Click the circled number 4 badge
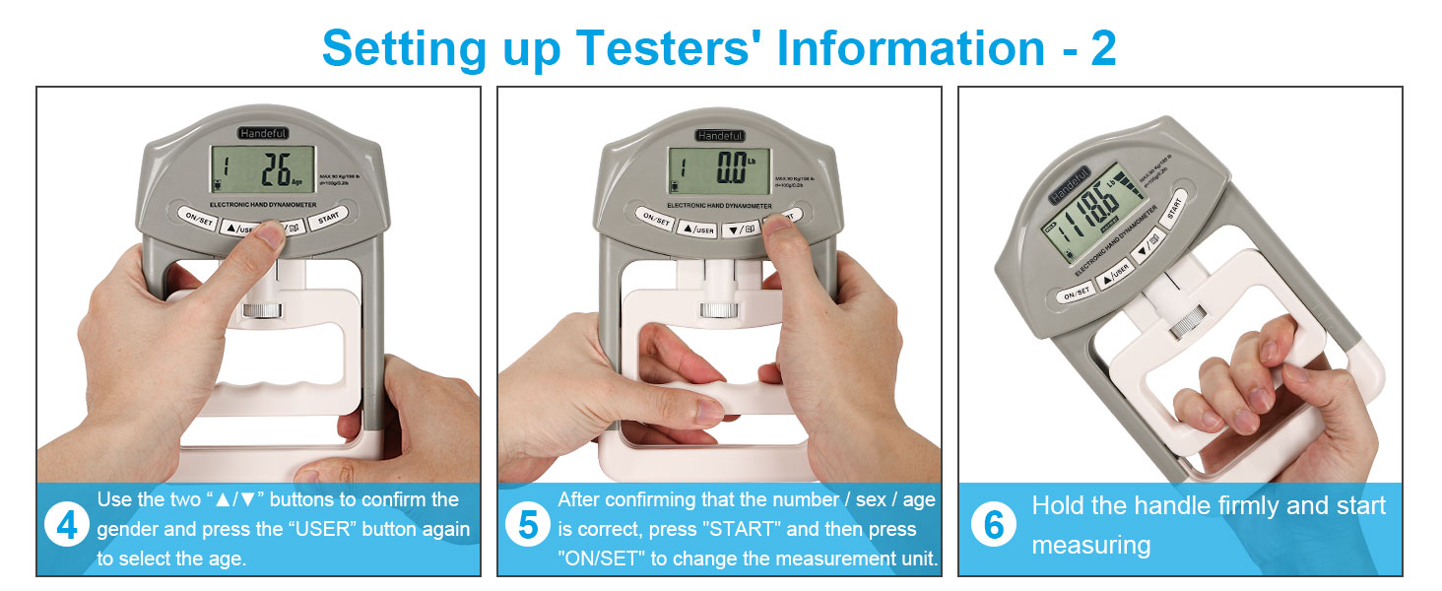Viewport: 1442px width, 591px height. point(67,527)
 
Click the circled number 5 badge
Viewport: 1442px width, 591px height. point(528,527)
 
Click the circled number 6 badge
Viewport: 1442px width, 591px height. point(994,526)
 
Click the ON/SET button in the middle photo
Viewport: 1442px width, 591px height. point(653,219)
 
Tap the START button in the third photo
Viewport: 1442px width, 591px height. point(1174,209)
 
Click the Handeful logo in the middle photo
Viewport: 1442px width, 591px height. point(720,135)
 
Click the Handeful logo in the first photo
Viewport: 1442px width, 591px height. point(262,132)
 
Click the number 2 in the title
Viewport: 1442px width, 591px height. point(1102,47)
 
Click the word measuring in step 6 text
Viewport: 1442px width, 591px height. point(1090,544)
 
